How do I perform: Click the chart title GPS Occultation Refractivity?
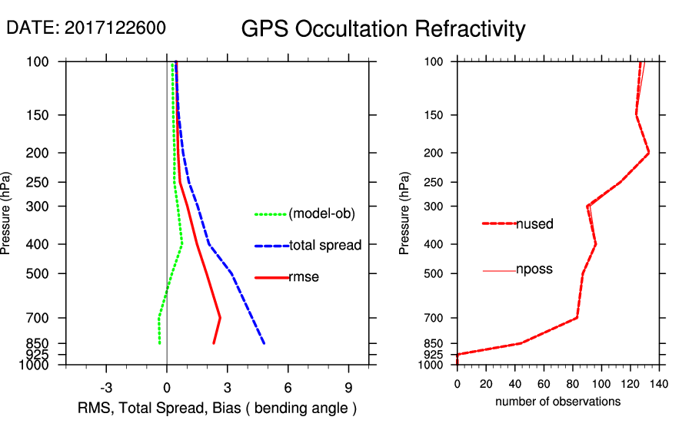(x=383, y=29)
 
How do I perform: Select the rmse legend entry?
(x=304, y=277)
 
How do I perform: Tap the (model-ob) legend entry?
(x=321, y=214)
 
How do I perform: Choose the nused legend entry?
(x=534, y=223)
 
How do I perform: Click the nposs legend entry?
(x=534, y=270)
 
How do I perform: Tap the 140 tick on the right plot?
(x=659, y=383)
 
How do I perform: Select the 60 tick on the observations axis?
(x=544, y=383)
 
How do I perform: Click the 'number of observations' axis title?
(x=557, y=402)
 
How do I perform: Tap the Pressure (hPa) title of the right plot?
(x=404, y=213)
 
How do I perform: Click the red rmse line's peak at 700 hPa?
(x=221, y=317)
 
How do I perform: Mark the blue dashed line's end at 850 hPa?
(x=264, y=343)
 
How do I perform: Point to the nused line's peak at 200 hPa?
(x=649, y=153)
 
